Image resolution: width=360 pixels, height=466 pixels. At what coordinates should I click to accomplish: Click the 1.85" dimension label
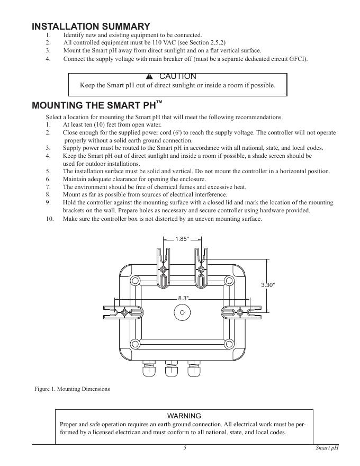coord(182,239)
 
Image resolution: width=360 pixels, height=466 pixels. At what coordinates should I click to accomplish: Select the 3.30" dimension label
coord(268,285)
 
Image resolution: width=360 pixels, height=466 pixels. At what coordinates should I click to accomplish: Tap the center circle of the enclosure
coord(182,312)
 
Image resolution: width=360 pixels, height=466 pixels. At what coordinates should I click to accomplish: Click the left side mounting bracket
coord(124,312)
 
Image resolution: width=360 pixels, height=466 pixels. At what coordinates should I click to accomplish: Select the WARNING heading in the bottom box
coord(184,416)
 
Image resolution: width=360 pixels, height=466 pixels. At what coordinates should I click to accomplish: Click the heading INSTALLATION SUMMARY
coord(91,26)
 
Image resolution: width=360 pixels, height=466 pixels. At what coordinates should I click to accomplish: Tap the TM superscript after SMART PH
coord(159,101)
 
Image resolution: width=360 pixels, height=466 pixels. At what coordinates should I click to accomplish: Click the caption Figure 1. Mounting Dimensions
coord(73,389)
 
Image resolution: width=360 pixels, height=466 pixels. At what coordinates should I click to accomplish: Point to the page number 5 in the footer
coord(185,448)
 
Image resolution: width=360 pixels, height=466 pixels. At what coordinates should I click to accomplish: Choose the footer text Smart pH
coord(326,448)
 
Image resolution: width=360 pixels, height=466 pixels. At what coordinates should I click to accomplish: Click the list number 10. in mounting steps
coord(50,219)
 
